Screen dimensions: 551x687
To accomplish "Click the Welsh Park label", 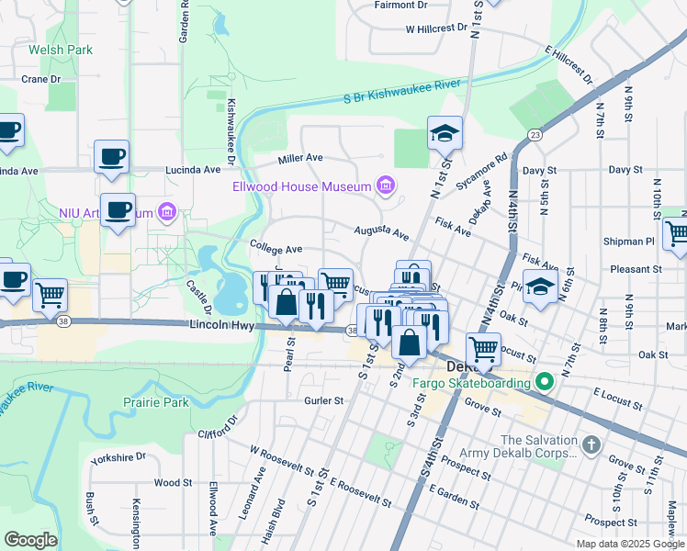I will [x=61, y=50].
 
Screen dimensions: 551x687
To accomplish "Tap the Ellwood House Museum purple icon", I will [x=386, y=187].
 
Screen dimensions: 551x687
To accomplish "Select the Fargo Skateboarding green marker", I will [x=544, y=379].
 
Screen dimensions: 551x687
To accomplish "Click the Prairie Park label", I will [x=156, y=402].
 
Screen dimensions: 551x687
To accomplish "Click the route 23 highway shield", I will [x=534, y=135].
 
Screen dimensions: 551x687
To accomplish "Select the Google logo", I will [x=30, y=539].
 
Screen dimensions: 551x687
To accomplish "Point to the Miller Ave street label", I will [x=301, y=158].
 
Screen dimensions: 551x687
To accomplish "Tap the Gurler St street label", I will [x=323, y=400].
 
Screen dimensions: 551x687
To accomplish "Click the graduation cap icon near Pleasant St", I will [x=540, y=287].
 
